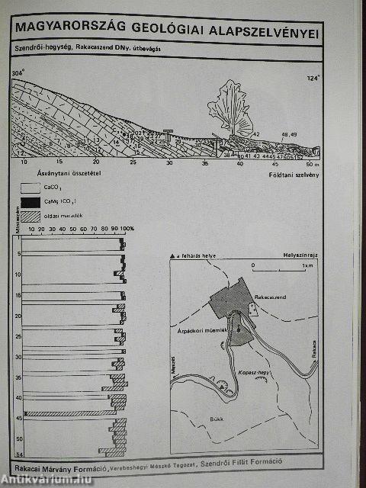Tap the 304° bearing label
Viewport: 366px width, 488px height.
pyautogui.click(x=18, y=72)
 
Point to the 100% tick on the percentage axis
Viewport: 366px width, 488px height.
pyautogui.click(x=127, y=229)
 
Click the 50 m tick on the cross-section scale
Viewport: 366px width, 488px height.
pyautogui.click(x=309, y=163)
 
